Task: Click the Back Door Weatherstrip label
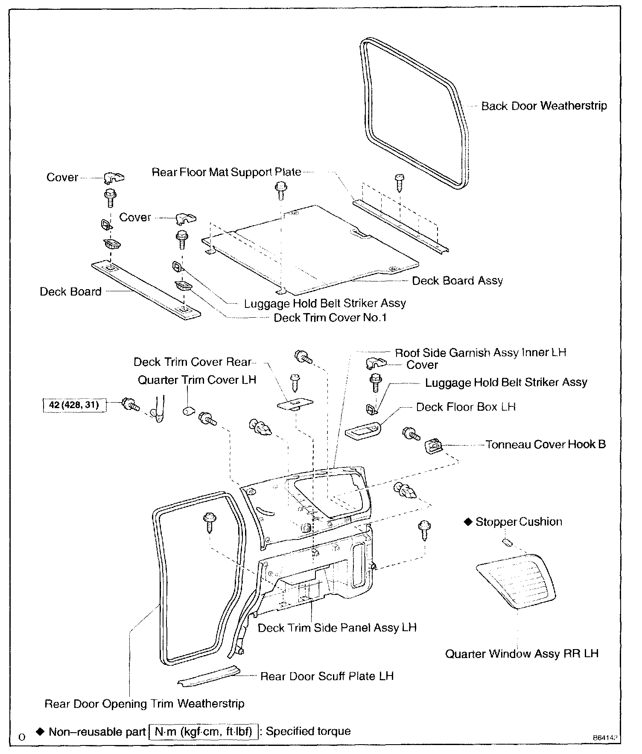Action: click(x=544, y=106)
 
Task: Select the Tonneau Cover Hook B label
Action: click(x=546, y=444)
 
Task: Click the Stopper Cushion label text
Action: click(x=519, y=522)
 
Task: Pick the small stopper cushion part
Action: click(x=507, y=542)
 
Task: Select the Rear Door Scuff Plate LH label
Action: click(x=327, y=676)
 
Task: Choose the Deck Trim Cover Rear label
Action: click(x=193, y=362)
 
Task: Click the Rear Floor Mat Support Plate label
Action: click(x=226, y=172)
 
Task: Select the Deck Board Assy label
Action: click(x=457, y=281)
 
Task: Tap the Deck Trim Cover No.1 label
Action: click(x=330, y=318)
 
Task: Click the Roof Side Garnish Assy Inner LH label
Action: click(x=480, y=353)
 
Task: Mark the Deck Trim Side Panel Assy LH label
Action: click(x=337, y=628)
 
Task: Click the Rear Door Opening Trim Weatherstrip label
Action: click(x=144, y=704)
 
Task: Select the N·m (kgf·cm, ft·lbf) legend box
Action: click(x=203, y=731)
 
